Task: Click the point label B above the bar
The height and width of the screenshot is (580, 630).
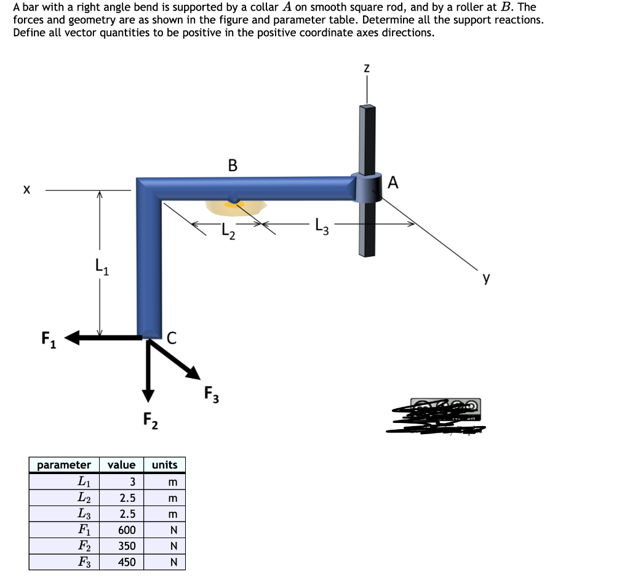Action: tap(232, 164)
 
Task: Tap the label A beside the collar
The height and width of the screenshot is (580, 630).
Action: tap(394, 182)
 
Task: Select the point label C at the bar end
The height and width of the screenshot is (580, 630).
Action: tap(172, 337)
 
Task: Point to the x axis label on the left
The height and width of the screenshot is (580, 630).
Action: tap(26, 191)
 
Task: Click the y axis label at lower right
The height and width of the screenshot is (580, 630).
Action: tap(487, 278)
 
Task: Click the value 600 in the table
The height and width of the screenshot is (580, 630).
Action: tap(127, 530)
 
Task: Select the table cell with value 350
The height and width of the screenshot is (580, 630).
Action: tap(127, 546)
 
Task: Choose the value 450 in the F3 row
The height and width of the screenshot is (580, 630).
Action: tap(127, 562)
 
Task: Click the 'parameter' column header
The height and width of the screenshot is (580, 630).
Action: tap(64, 465)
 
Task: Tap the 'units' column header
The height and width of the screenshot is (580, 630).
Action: tap(164, 465)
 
